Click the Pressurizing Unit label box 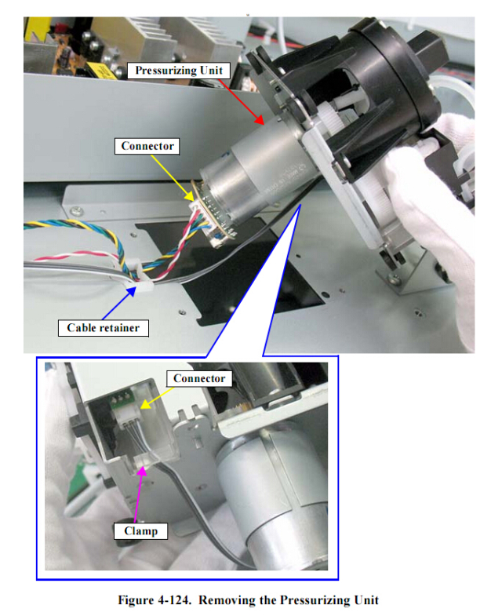[179, 71]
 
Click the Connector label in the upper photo [147, 146]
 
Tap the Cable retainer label [104, 328]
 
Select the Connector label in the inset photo [199, 379]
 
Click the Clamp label [140, 531]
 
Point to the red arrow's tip [264, 124]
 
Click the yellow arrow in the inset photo [157, 398]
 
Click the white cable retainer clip [140, 276]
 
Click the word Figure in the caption [136, 600]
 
